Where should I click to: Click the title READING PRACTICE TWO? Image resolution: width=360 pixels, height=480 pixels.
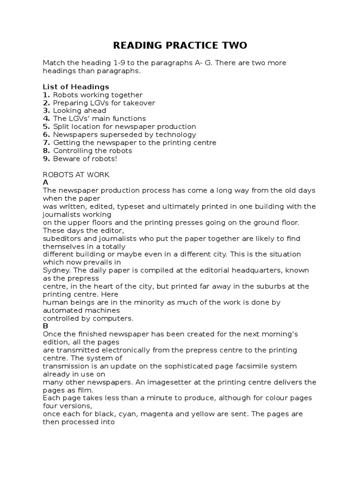click(x=180, y=45)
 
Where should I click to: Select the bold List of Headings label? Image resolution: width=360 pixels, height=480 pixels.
click(x=75, y=87)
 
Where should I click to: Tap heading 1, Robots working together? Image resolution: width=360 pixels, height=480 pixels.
click(x=97, y=95)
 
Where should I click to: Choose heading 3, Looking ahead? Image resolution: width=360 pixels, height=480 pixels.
click(x=79, y=111)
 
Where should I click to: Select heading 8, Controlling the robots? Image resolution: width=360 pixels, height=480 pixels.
click(x=92, y=150)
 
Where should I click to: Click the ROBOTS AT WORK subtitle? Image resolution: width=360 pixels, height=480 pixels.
click(x=76, y=175)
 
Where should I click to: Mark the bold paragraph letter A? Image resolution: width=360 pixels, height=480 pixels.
click(x=45, y=182)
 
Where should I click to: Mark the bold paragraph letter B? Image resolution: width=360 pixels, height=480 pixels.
click(x=45, y=326)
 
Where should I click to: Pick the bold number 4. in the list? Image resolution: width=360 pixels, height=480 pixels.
click(x=46, y=119)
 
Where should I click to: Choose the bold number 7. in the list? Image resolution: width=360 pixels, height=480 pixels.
click(x=46, y=142)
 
